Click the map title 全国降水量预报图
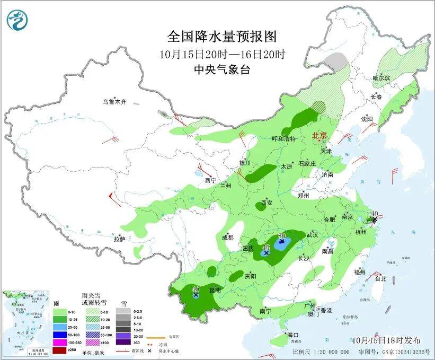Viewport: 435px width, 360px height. click(222, 37)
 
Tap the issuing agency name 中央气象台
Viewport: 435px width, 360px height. click(222, 69)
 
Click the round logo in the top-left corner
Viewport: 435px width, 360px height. click(17, 20)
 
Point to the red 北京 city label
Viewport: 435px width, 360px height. click(319, 135)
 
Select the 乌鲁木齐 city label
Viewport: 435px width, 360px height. click(115, 101)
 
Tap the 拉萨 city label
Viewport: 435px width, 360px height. click(119, 239)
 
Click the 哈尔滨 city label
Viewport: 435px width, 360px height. click(380, 78)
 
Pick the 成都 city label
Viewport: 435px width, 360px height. click(228, 238)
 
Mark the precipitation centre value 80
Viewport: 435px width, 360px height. click(282, 235)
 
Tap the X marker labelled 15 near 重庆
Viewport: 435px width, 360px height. click(267, 253)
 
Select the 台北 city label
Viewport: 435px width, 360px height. click(380, 278)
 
